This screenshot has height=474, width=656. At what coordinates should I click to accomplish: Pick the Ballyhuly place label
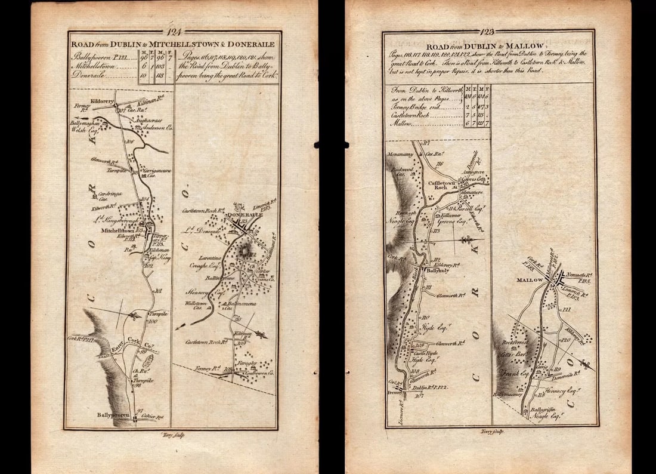[x=438, y=270]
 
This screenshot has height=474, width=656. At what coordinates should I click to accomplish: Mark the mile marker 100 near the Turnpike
[x=151, y=321]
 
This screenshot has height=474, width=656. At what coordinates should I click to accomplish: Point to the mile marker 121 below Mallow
[x=567, y=309]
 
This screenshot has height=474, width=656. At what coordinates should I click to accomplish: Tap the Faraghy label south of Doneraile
[x=249, y=362]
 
